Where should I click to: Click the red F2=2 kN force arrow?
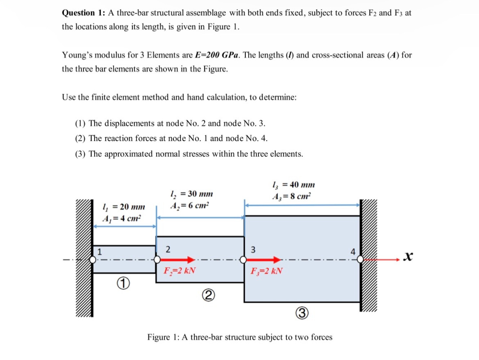[177, 259]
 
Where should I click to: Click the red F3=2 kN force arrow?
[263, 259]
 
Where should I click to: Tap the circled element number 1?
[123, 283]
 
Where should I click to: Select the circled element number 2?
[208, 295]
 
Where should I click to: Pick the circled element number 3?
[302, 313]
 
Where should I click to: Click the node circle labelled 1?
[93, 260]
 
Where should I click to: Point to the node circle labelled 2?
[157, 260]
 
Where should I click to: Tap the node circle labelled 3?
[243, 260]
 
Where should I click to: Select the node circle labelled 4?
[360, 259]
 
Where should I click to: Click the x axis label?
[408, 256]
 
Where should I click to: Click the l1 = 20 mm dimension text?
[124, 207]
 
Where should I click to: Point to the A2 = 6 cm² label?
[190, 206]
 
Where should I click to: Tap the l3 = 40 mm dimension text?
[293, 185]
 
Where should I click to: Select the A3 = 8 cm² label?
[291, 196]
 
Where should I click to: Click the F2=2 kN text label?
[179, 271]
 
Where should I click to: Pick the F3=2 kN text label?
[266, 271]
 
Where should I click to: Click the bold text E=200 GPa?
[217, 55]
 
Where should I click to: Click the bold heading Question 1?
[83, 13]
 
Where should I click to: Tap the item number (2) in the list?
[80, 138]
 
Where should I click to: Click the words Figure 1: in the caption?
[163, 337]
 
